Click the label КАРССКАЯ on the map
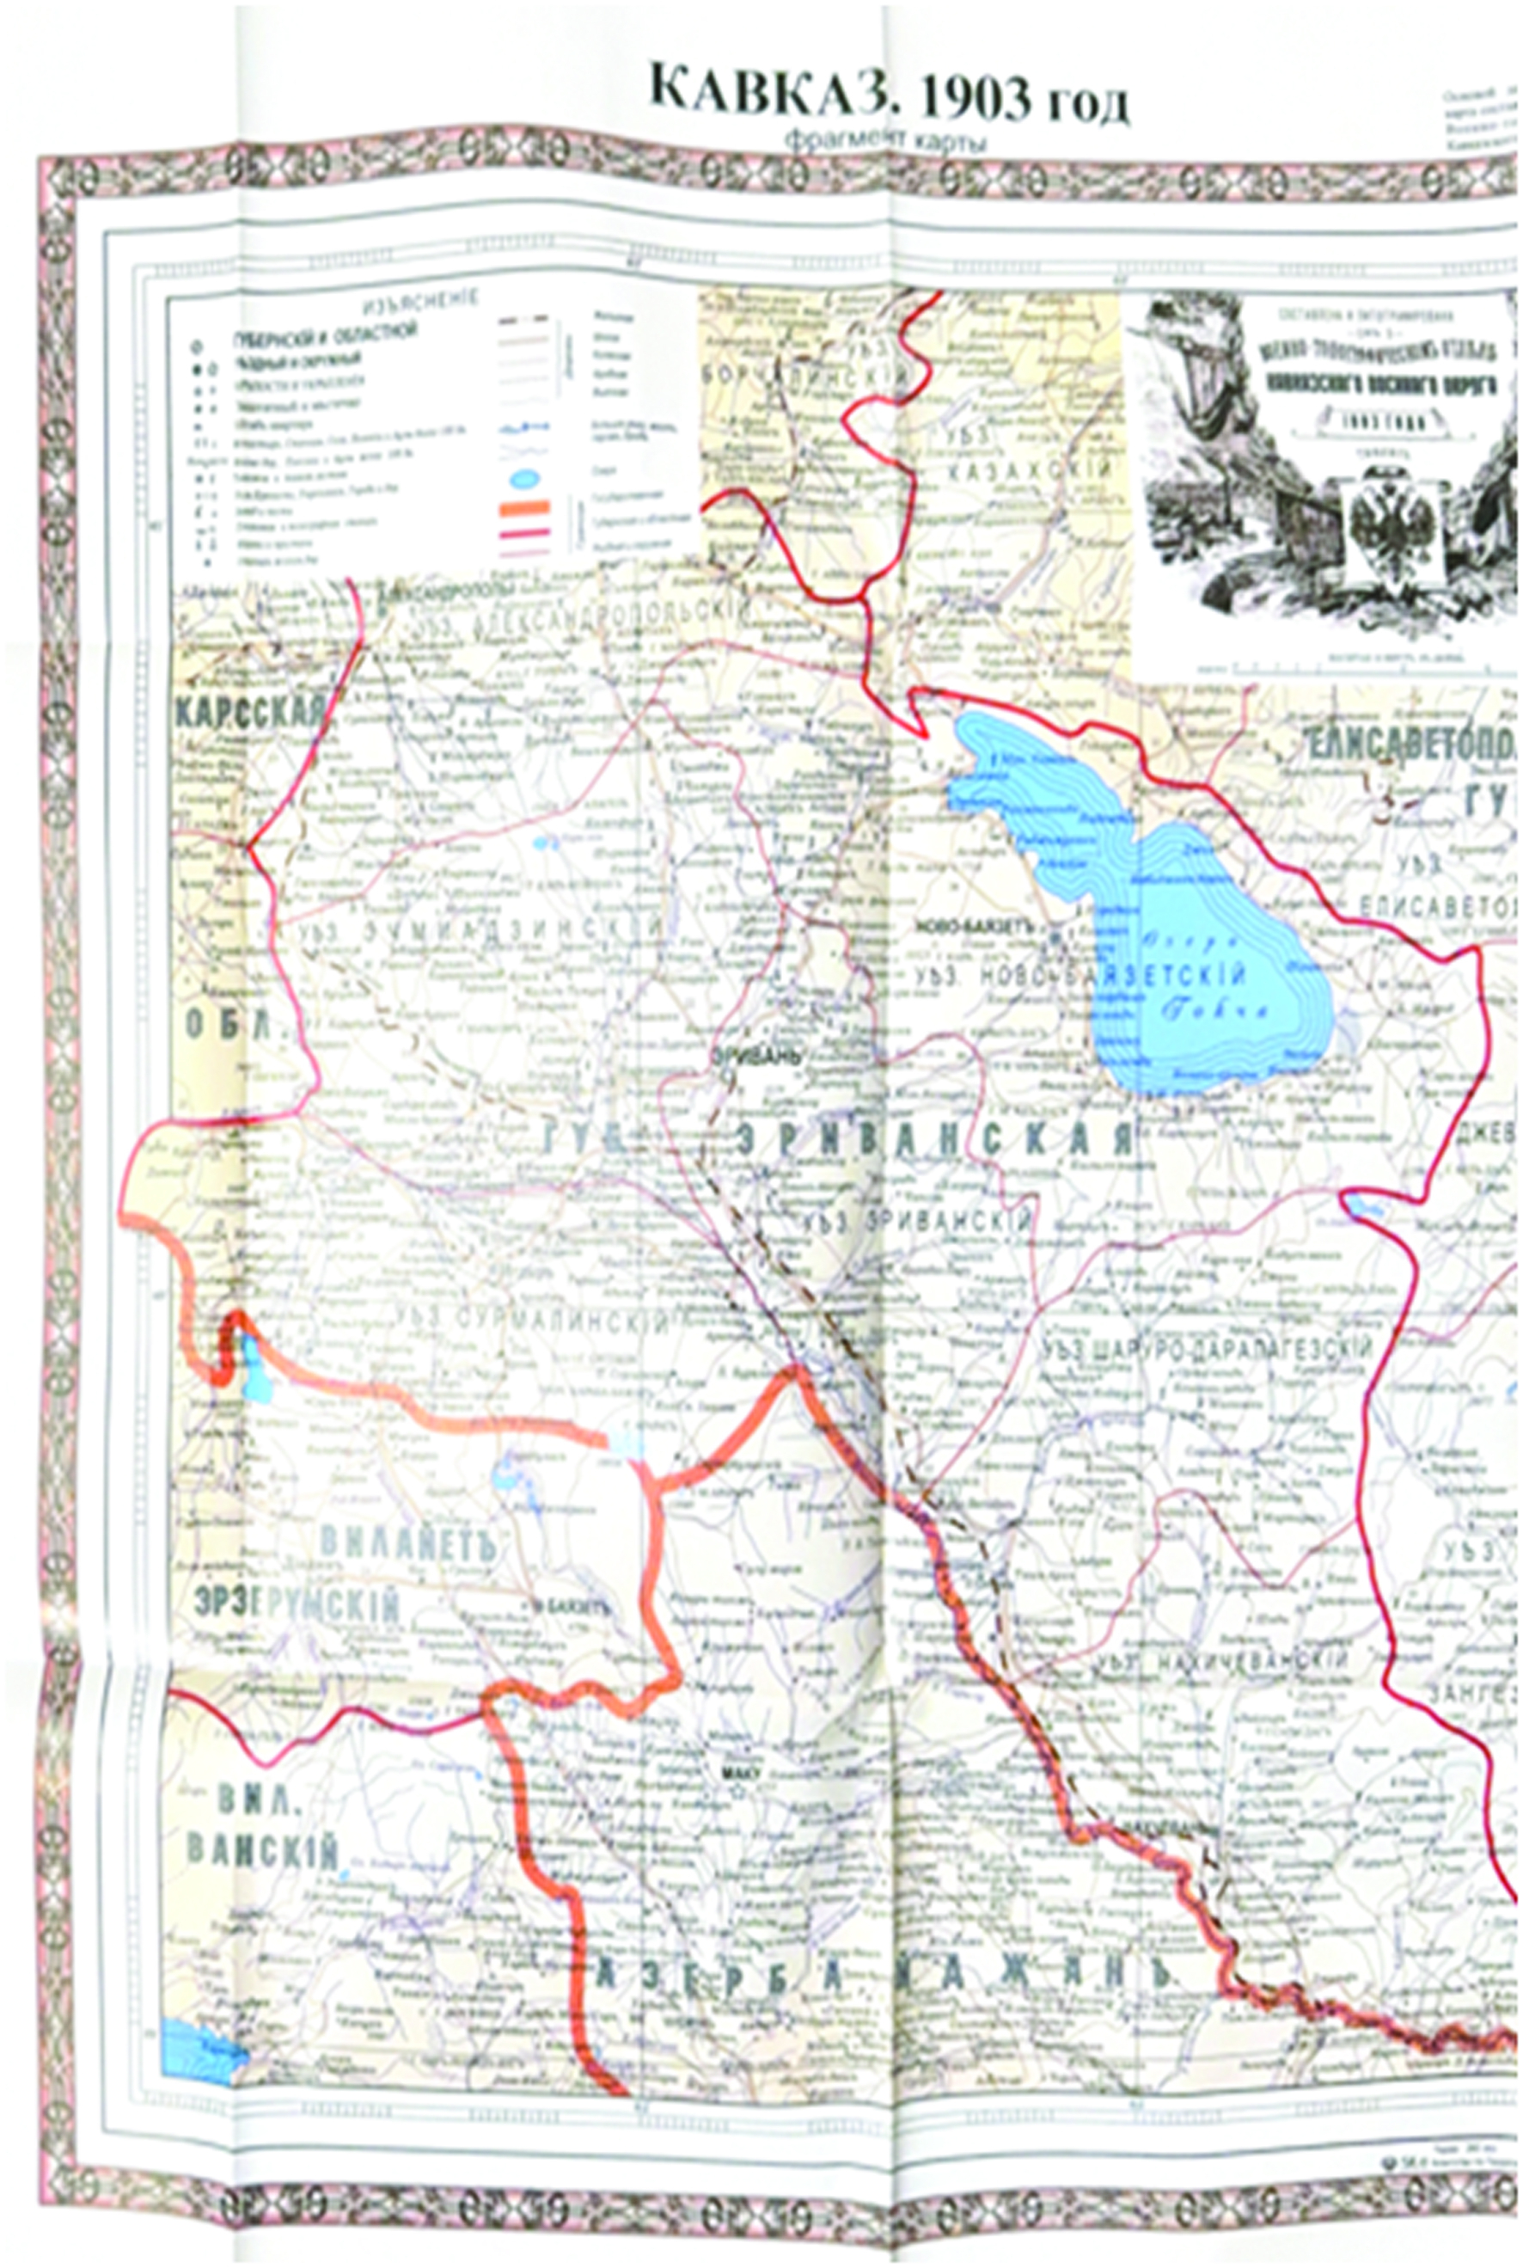pyautogui.click(x=249, y=712)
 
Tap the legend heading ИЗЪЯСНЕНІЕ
pyautogui.click(x=419, y=300)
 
